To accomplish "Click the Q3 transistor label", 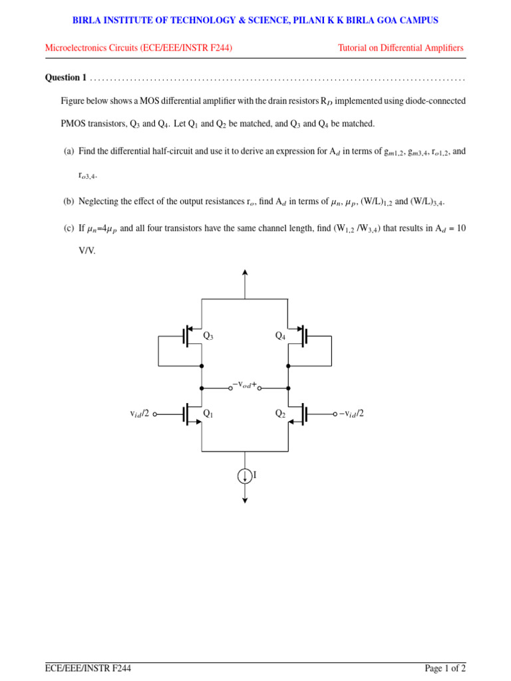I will pos(208,336).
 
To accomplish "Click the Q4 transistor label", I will pos(281,336).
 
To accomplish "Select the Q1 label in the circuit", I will pos(208,414).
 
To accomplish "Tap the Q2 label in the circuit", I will pos(281,414).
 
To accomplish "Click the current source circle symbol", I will pos(245,476).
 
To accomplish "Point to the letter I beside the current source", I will pos(255,475).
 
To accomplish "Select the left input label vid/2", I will pos(140,414).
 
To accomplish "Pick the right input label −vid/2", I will pos(351,414).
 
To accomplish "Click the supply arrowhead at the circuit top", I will pos(245,273).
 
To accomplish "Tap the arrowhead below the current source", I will pos(245,500).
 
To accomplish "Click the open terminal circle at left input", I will pos(155,414).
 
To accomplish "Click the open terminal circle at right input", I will pos(335,414).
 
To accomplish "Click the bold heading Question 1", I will pos(66,78).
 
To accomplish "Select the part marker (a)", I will pos(69,152).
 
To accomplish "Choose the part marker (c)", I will pos(69,228).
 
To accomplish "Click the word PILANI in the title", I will pos(305,21).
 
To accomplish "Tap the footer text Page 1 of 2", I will pos(445,668).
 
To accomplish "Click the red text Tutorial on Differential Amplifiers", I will pos(401,48).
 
